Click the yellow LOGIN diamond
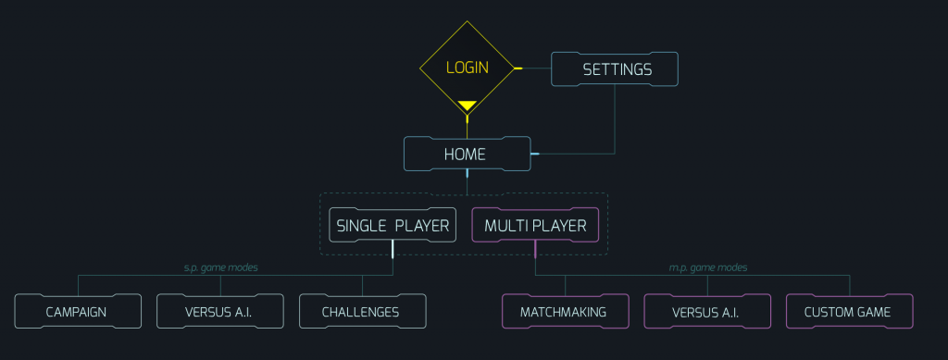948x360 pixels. coord(467,68)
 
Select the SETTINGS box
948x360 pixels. coord(616,69)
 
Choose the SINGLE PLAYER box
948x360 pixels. coord(393,225)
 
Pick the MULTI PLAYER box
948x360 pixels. coord(535,225)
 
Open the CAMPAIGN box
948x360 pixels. coord(78,312)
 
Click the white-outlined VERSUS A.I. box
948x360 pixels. coord(219,312)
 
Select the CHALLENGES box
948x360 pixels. coord(362,312)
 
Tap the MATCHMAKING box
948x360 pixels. coord(565,312)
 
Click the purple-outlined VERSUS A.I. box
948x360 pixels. coord(706,312)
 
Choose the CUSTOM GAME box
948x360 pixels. coord(849,312)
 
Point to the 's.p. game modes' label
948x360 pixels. coord(220,267)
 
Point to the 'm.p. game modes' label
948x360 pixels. coord(707,267)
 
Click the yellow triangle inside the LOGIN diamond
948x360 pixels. coord(467,106)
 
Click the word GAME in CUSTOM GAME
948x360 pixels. coord(873,312)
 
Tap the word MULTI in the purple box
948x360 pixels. coord(505,225)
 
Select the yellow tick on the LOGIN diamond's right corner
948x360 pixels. coord(518,68)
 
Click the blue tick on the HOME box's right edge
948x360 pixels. coord(534,153)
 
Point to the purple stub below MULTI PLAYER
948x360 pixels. coord(535,249)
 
